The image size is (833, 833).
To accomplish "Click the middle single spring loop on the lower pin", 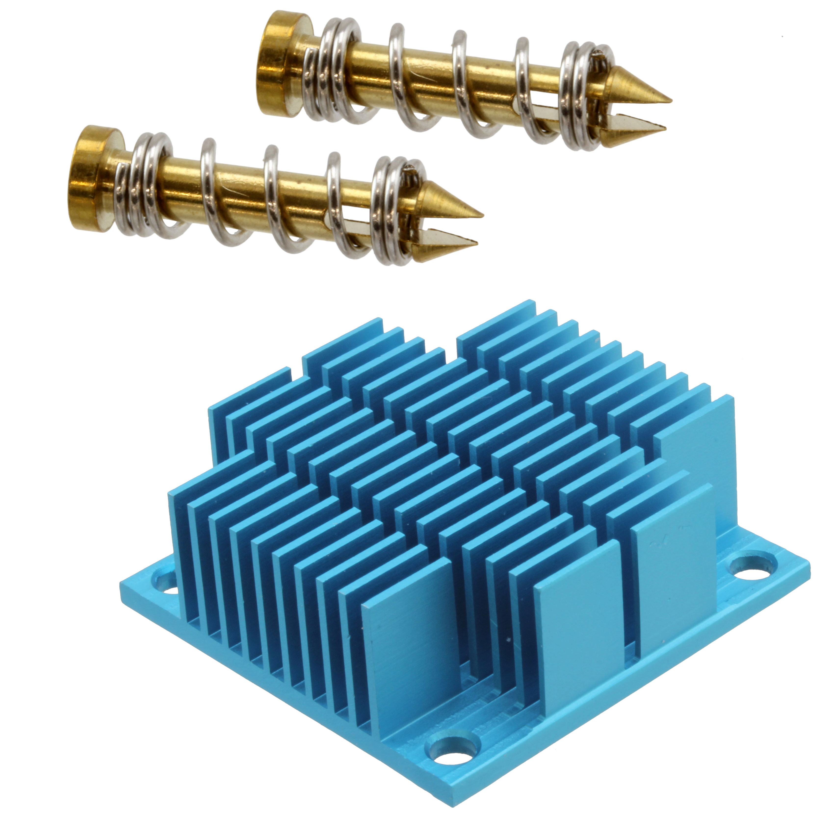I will coord(276,198).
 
